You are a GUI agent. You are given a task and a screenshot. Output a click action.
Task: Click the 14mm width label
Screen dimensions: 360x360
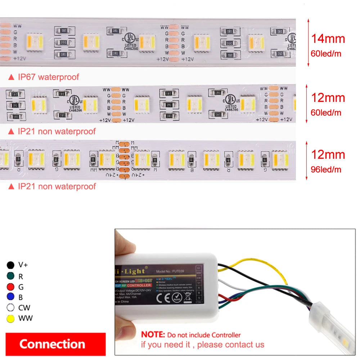[328, 39]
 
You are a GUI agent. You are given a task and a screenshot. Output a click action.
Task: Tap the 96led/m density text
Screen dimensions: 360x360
[326, 169]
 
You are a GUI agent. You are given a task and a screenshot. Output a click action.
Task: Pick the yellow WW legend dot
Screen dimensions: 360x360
[10, 319]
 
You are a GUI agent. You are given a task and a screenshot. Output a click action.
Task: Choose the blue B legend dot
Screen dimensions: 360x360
[10, 297]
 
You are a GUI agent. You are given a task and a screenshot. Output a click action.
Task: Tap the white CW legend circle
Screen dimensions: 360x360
[10, 308]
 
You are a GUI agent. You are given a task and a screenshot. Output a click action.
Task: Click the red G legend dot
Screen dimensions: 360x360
[10, 287]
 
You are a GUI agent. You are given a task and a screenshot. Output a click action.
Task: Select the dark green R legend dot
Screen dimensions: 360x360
[10, 276]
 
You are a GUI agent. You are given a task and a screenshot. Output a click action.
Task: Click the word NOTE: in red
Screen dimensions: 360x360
[153, 335]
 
